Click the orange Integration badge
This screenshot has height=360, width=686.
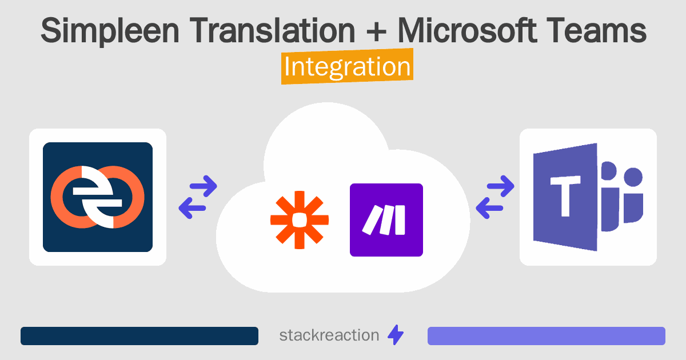347,67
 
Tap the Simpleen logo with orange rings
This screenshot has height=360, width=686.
98,197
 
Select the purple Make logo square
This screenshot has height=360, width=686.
386,219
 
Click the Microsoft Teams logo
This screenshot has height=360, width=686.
588,197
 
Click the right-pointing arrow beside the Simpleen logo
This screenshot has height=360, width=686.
204,185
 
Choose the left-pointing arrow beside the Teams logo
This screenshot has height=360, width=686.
489,209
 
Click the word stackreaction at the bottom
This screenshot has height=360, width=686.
329,335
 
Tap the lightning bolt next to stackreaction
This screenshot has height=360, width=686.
396,335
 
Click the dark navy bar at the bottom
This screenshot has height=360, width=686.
139,336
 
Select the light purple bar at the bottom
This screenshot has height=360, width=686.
547,336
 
